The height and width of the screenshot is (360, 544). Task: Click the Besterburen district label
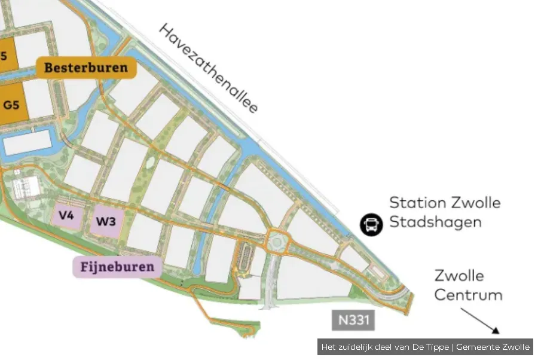[x=86, y=68]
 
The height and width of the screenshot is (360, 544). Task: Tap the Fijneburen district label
[x=117, y=267]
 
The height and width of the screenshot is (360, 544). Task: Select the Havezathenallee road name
[x=209, y=68]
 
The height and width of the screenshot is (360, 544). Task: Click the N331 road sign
[x=353, y=320]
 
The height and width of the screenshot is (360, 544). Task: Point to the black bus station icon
[x=371, y=224]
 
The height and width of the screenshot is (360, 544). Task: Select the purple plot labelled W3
[x=106, y=221]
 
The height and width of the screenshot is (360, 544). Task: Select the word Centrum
[x=468, y=295]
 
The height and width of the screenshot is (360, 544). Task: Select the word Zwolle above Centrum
[x=459, y=276]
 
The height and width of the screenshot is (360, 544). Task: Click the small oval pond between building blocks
[x=149, y=163]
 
